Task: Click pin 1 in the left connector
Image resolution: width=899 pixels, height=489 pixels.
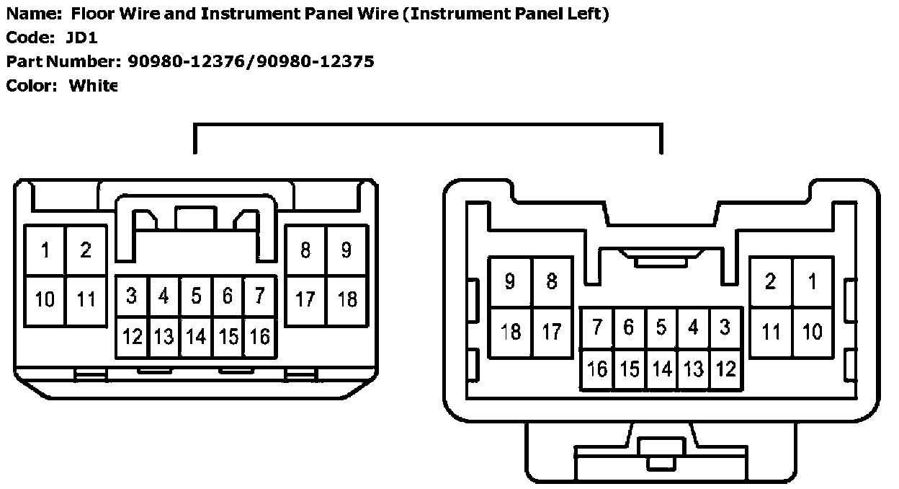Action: pyautogui.click(x=45, y=250)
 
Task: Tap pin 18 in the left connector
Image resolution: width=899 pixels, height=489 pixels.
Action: pyautogui.click(x=347, y=299)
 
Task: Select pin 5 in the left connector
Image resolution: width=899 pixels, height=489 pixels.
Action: pyautogui.click(x=196, y=296)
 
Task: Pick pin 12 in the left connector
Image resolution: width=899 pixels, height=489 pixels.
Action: pyautogui.click(x=133, y=336)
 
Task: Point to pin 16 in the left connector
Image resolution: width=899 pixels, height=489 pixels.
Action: pyautogui.click(x=259, y=336)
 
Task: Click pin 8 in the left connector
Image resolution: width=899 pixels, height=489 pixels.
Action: pyautogui.click(x=305, y=250)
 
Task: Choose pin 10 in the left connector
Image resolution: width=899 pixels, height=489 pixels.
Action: pyautogui.click(x=45, y=299)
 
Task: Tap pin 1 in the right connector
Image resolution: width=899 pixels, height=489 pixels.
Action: pyautogui.click(x=813, y=281)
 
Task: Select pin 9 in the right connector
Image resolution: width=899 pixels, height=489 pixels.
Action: pyautogui.click(x=510, y=281)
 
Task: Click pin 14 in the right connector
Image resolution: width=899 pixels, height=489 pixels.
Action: pyautogui.click(x=661, y=369)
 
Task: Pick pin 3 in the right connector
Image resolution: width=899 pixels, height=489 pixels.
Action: pyautogui.click(x=725, y=327)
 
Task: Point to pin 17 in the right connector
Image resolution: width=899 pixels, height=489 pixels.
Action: pyautogui.click(x=552, y=332)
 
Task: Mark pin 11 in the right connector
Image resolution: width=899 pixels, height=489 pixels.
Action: pyautogui.click(x=771, y=332)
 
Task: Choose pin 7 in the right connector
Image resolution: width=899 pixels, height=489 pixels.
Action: pyautogui.click(x=597, y=327)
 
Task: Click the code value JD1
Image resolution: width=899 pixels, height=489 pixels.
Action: pyautogui.click(x=81, y=38)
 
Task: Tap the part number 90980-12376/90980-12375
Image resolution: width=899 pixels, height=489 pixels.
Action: pyautogui.click(x=251, y=61)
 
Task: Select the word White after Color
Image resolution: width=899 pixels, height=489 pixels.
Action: pyautogui.click(x=93, y=86)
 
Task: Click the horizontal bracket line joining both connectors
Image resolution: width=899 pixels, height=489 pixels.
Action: pyautogui.click(x=428, y=125)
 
